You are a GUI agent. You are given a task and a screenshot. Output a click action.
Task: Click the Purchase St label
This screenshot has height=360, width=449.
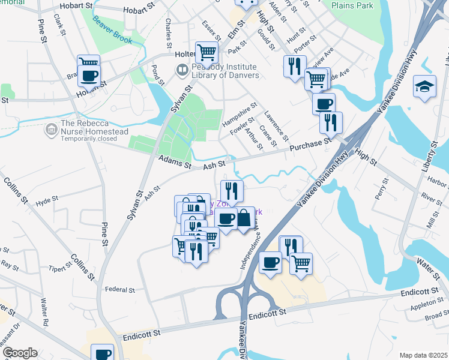[310, 145]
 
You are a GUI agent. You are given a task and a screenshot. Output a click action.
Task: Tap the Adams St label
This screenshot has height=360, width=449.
[174, 161]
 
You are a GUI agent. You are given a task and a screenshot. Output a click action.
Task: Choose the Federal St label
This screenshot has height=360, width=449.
[119, 290]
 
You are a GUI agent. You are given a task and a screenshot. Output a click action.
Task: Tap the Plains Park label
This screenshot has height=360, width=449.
[352, 6]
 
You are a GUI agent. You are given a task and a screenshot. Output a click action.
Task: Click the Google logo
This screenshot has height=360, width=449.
[19, 353]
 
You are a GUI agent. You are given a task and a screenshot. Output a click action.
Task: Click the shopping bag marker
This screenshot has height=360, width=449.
[244, 217]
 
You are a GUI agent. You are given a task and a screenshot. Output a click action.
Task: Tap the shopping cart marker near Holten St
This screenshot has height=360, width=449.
[207, 52]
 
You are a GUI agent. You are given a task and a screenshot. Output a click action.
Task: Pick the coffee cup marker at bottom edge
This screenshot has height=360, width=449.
[102, 353]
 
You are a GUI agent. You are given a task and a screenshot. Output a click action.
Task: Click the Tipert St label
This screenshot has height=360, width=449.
[61, 268]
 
